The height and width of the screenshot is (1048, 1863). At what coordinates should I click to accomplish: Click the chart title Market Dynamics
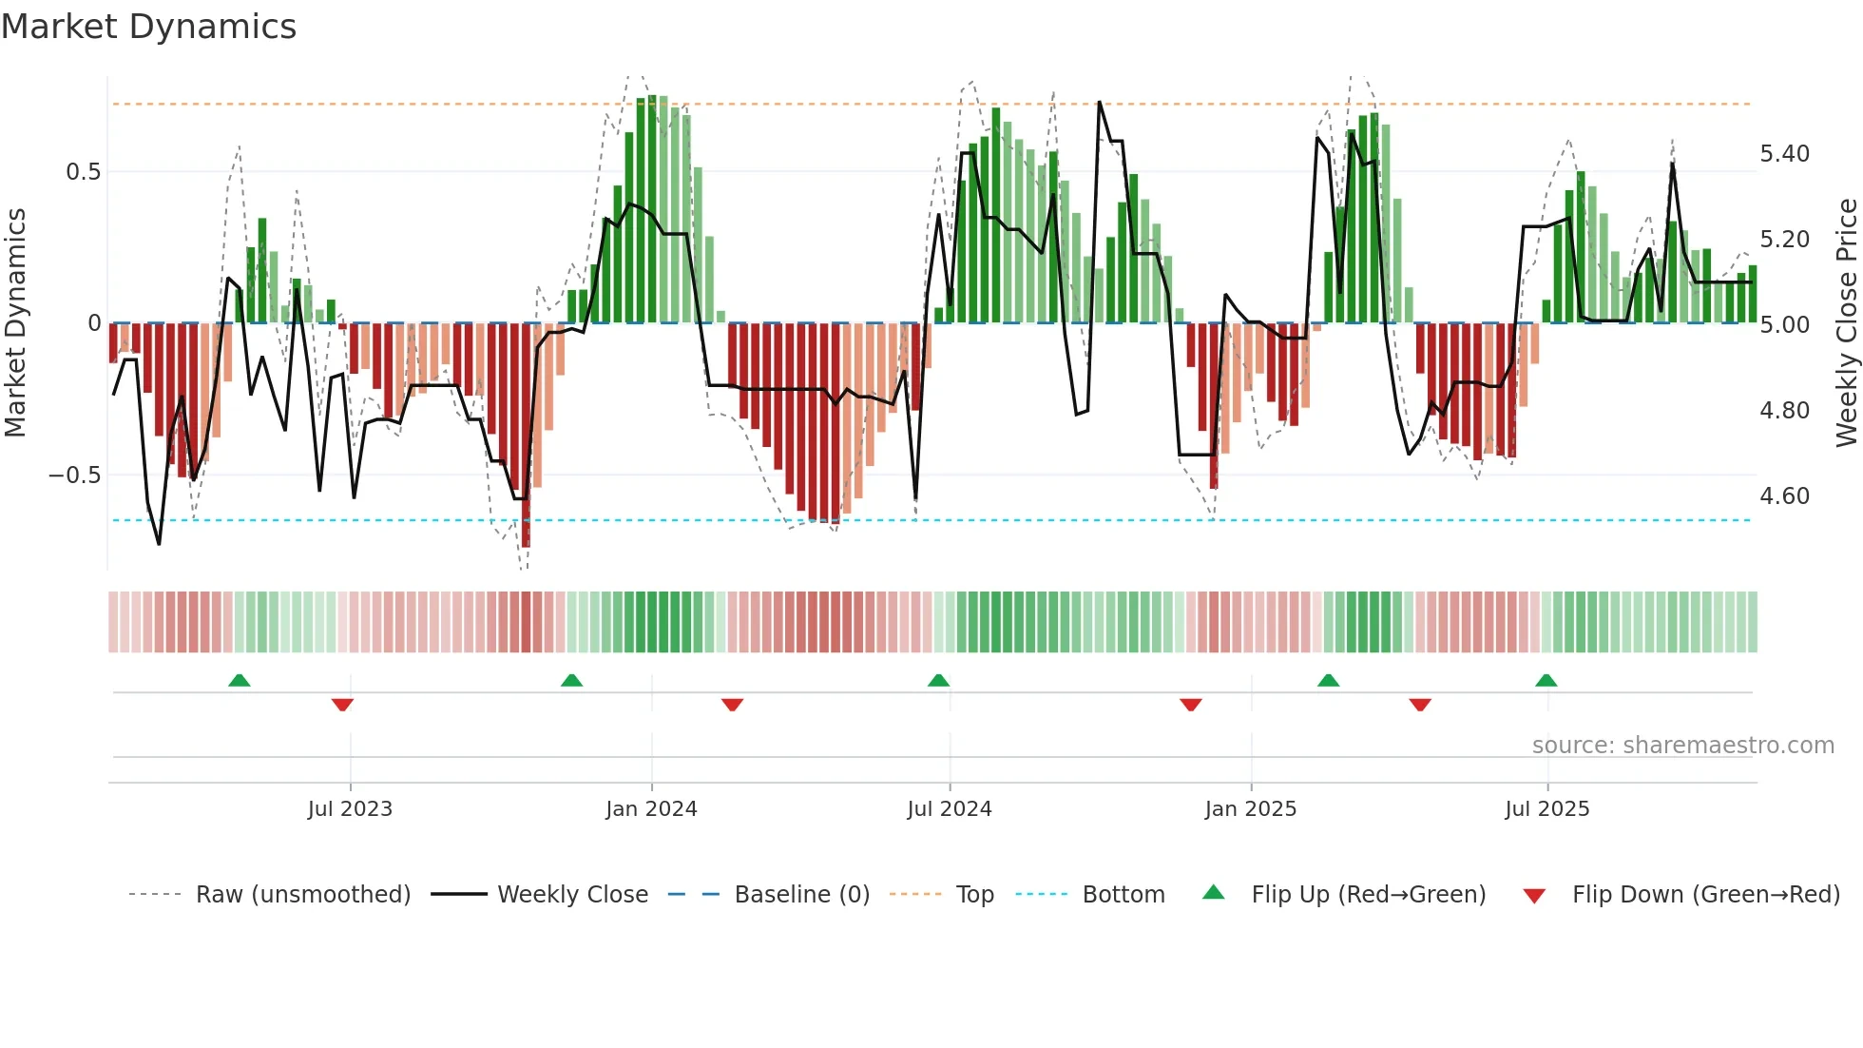[x=148, y=27]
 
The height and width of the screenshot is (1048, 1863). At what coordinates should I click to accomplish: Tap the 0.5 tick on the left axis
[x=83, y=172]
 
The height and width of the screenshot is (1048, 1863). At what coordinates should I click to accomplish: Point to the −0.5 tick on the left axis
[x=75, y=475]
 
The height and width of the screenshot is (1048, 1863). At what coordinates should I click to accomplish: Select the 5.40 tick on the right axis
[x=1784, y=154]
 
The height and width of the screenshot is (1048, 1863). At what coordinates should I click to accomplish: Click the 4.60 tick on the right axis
[x=1784, y=496]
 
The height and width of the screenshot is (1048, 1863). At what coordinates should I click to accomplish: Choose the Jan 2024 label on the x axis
[x=651, y=809]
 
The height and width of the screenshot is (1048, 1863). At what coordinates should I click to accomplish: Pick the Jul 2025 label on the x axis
[x=1546, y=809]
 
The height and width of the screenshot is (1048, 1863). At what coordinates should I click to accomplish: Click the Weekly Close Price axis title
[x=1845, y=323]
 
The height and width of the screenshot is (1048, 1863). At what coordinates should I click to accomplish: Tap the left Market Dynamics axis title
[x=16, y=323]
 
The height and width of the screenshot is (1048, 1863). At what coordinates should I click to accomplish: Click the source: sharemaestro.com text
[x=1682, y=746]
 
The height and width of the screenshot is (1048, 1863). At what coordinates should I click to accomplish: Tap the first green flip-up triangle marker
[x=240, y=681]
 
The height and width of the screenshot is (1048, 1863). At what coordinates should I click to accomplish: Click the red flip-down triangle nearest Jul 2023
[x=342, y=705]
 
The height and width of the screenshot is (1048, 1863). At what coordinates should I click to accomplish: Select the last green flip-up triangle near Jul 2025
[x=1546, y=681]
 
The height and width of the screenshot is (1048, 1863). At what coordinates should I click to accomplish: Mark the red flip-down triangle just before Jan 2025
[x=1191, y=705]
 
